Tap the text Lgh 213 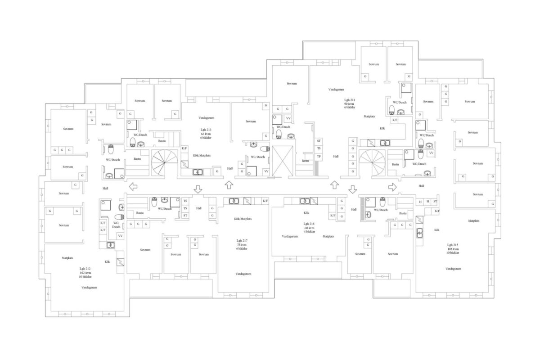[206, 130]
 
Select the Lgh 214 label [350, 100]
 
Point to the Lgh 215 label [453, 244]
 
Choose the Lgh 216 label [309, 224]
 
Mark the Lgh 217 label [243, 241]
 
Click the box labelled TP [319, 156]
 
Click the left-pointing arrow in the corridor [134, 186]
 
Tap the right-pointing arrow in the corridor [392, 186]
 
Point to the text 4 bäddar [309, 232]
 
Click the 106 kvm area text [453, 249]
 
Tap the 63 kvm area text [206, 134]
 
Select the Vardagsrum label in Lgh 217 [243, 274]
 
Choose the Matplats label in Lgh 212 [67, 258]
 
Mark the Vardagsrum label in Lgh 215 [454, 269]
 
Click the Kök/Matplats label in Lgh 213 [202, 155]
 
